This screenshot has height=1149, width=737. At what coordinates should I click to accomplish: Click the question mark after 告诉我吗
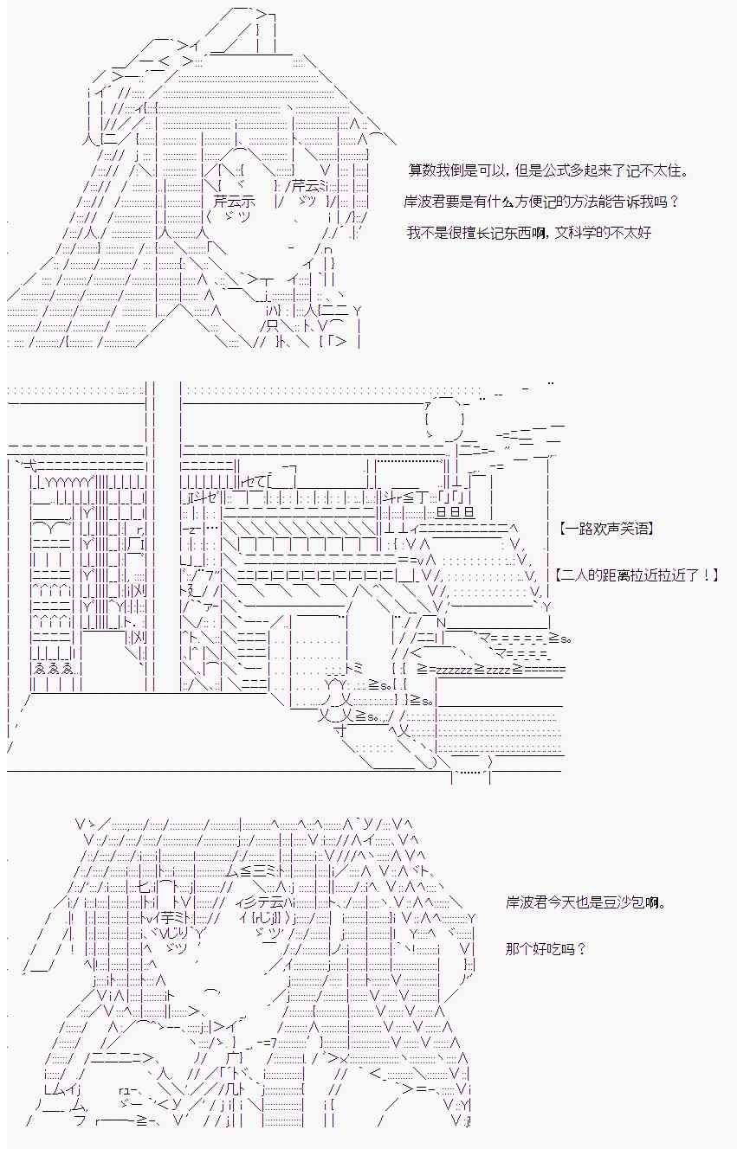click(674, 202)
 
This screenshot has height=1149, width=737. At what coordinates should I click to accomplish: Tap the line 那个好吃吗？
click(546, 948)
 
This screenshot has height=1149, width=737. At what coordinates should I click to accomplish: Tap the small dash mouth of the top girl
click(288, 248)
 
